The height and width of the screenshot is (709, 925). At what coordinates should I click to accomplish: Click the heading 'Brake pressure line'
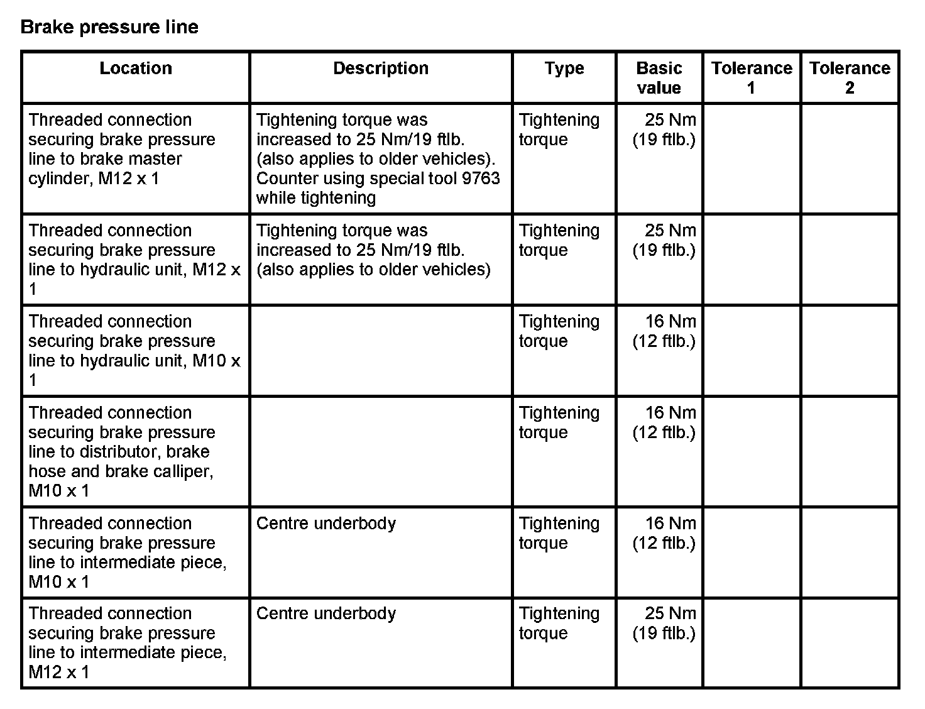tap(109, 27)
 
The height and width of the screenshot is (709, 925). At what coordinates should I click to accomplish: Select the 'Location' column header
tap(136, 69)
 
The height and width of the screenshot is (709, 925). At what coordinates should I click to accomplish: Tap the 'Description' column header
tap(381, 69)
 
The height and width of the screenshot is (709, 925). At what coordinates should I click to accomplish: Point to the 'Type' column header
tap(564, 69)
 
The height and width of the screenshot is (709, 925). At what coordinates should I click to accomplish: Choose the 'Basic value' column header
tap(659, 78)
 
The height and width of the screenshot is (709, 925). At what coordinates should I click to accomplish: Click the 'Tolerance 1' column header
tap(752, 78)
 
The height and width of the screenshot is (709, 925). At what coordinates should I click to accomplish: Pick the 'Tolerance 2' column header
tap(850, 78)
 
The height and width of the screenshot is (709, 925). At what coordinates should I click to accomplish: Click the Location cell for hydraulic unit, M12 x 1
tap(134, 260)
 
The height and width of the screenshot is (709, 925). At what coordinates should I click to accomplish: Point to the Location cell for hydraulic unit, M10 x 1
tap(134, 351)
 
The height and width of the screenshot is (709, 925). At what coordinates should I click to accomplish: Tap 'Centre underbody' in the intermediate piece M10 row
tap(326, 524)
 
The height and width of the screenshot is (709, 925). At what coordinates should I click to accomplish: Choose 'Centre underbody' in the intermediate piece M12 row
tap(326, 613)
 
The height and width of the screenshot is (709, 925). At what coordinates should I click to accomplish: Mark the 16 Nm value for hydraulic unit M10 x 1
tap(670, 322)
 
